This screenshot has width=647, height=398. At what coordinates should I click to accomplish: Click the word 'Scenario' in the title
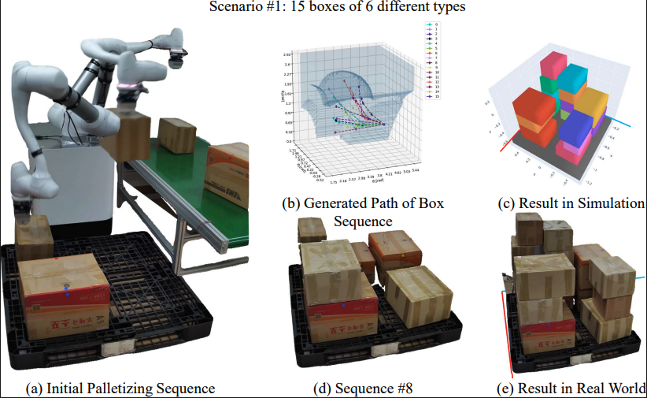coord(234,8)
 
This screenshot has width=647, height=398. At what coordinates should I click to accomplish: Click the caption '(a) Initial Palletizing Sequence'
coord(120,388)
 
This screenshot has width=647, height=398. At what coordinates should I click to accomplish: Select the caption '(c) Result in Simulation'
coord(571,203)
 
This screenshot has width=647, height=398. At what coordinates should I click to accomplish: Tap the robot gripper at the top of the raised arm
coord(176,55)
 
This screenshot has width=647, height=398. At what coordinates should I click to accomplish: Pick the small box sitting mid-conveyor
coord(177,136)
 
